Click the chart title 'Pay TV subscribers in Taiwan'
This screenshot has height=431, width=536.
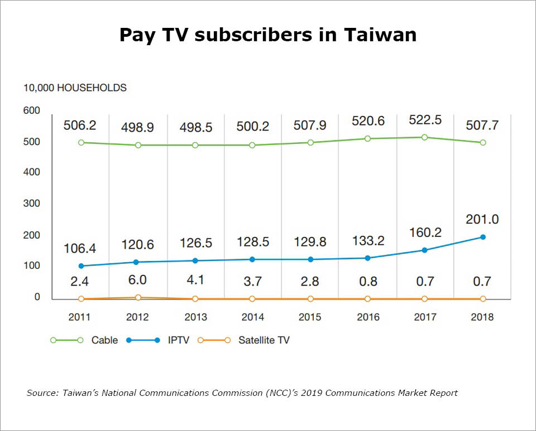point(268,35)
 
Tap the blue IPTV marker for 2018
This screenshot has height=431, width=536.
point(482,237)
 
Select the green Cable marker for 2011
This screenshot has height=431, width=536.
point(81,142)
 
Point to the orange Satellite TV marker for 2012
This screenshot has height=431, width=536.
point(138,298)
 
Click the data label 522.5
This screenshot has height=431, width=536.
point(425,120)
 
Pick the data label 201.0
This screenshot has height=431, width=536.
point(482,219)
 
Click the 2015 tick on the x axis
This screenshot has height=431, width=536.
point(310,317)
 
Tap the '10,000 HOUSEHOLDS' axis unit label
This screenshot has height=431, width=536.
point(75,88)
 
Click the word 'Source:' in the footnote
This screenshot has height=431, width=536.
point(42,393)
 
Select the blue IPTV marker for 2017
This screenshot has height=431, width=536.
point(425,250)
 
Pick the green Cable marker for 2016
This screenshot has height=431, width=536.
point(367,138)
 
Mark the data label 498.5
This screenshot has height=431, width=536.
point(195,128)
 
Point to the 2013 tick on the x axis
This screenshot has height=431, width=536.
point(195,317)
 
